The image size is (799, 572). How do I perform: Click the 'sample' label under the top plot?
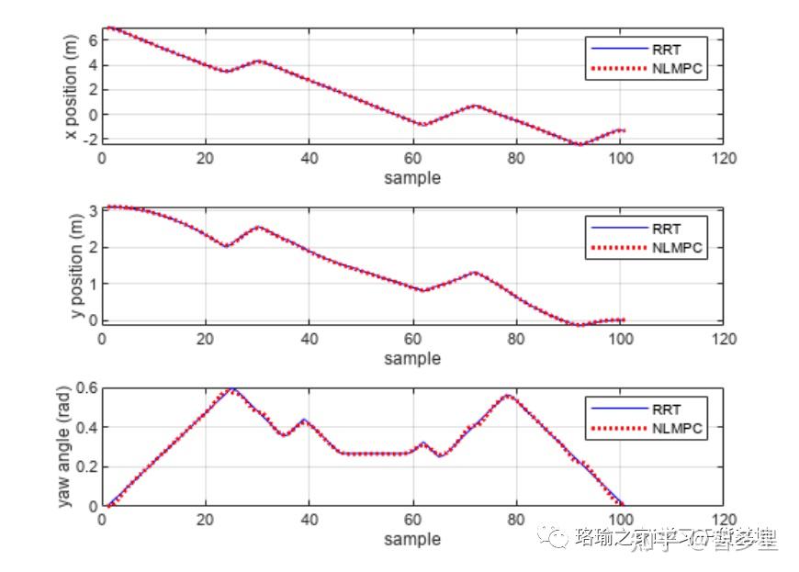click(x=412, y=178)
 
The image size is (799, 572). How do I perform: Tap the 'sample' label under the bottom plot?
click(x=412, y=539)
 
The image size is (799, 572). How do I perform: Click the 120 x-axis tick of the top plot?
click(x=724, y=159)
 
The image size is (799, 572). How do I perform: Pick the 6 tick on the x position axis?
click(x=91, y=39)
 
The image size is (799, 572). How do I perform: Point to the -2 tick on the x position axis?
click(x=88, y=139)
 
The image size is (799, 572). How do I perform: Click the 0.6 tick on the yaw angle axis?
click(x=85, y=387)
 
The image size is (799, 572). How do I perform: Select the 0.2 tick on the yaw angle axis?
click(x=85, y=466)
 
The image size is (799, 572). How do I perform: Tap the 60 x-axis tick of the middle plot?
click(x=412, y=339)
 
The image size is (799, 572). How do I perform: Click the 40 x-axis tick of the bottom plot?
click(x=309, y=520)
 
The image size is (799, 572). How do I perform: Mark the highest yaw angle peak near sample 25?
click(x=233, y=389)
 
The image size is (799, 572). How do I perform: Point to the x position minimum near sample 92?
click(x=580, y=144)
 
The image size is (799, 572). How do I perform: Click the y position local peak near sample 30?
click(x=259, y=227)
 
